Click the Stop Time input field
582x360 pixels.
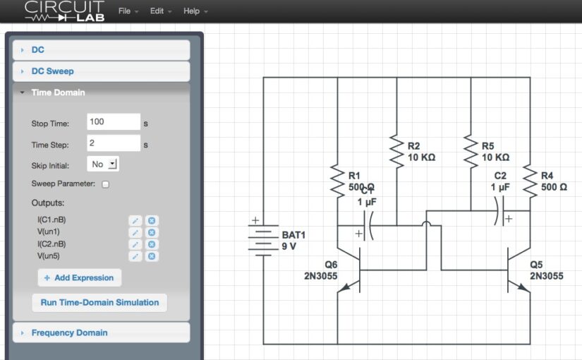point(114,122)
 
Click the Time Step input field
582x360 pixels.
point(114,143)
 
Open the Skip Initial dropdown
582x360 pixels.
point(103,164)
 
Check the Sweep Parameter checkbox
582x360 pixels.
point(106,184)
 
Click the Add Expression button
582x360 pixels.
point(79,277)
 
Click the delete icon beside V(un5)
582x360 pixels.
point(151,256)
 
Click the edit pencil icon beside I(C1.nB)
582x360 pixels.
point(135,220)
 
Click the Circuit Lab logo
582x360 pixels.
point(64,11)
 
